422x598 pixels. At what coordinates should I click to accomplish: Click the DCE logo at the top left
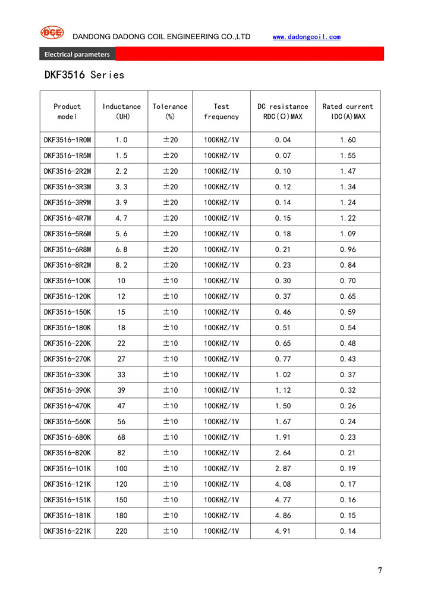click(x=52, y=33)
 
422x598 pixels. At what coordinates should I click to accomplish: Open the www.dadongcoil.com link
click(x=306, y=37)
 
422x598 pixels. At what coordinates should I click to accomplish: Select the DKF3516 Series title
click(x=84, y=75)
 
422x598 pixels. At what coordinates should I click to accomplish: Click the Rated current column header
click(x=348, y=111)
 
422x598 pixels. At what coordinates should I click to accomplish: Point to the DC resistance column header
click(x=282, y=111)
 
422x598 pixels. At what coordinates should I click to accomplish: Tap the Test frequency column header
click(x=221, y=111)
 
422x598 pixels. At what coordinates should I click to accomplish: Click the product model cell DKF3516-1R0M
click(x=67, y=140)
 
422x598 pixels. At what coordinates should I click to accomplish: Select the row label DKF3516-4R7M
click(x=67, y=218)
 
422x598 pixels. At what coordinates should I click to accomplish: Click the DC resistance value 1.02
click(x=282, y=374)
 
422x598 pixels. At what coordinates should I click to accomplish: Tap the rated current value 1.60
click(x=348, y=140)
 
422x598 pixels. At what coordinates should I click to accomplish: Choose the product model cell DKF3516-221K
click(x=67, y=531)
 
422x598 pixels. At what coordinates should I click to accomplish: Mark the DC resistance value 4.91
click(x=282, y=531)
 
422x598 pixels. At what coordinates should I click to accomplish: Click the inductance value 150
click(x=121, y=500)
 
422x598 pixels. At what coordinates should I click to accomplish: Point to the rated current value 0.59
click(x=348, y=312)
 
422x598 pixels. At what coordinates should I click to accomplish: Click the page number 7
click(x=380, y=570)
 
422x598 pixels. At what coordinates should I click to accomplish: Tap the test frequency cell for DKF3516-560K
click(x=221, y=421)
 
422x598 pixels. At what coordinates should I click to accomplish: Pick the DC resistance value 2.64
click(x=282, y=453)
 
